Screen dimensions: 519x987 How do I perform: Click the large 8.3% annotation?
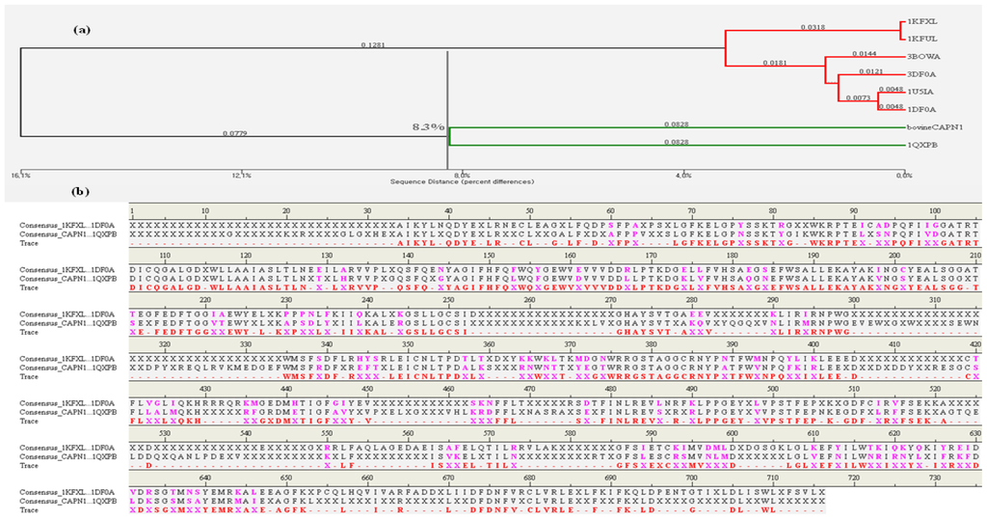428,127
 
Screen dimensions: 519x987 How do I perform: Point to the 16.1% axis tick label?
20,175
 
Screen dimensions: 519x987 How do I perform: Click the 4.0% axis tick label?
683,175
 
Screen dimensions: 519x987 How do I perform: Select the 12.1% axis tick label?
241,175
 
